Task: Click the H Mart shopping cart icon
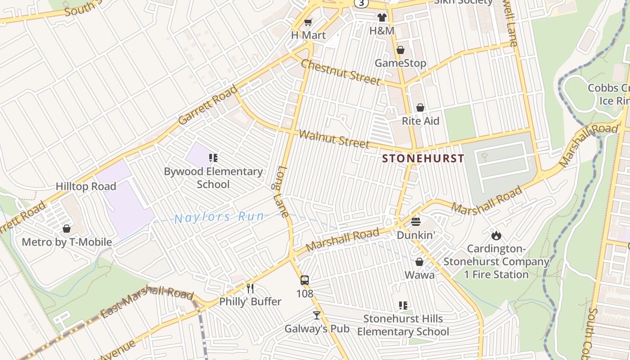(x=308, y=22)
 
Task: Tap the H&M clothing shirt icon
(x=382, y=18)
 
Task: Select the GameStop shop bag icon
(x=400, y=50)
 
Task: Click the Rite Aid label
(x=420, y=121)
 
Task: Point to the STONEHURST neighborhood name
(x=423, y=158)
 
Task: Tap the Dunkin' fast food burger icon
(x=415, y=222)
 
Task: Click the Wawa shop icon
(x=419, y=262)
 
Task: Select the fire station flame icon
(x=496, y=235)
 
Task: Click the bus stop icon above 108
(x=305, y=280)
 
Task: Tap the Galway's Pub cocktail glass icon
(x=317, y=315)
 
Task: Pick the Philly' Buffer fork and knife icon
(x=250, y=288)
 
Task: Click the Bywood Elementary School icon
(x=213, y=158)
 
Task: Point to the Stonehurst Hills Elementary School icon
(x=403, y=306)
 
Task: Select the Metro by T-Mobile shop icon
(x=67, y=229)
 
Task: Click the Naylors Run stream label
(x=219, y=217)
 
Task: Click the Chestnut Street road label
(x=340, y=72)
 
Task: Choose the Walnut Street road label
(x=334, y=139)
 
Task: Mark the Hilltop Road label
(x=86, y=186)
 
